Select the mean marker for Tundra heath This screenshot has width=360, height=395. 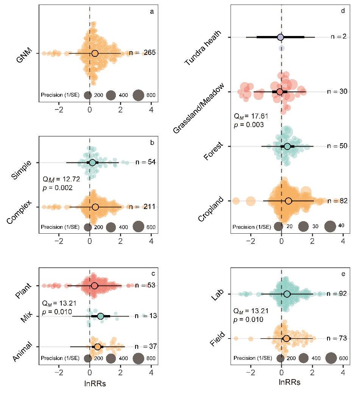(x=280, y=37)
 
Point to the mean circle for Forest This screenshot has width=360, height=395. (x=287, y=146)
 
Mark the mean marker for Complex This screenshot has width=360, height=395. (x=95, y=207)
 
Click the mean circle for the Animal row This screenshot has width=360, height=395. (x=98, y=347)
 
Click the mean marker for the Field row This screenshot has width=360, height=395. (x=286, y=338)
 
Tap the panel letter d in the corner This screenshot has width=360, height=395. (x=343, y=11)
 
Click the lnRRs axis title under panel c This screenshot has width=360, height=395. (x=95, y=384)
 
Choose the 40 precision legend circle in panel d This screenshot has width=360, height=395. (x=330, y=226)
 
